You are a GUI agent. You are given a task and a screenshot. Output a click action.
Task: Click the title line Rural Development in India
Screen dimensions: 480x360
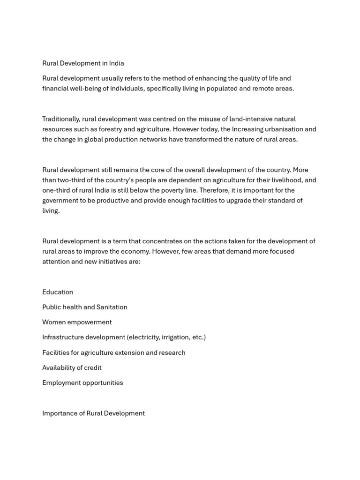tap(83, 63)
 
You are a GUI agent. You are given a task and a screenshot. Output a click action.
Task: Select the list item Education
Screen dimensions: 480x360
tap(58, 292)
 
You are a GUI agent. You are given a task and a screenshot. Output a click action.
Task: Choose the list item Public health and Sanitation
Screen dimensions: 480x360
tap(85, 307)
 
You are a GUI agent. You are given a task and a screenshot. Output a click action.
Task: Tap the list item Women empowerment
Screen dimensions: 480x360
tap(77, 322)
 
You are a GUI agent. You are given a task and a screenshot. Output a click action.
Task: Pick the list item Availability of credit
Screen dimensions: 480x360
tap(72, 367)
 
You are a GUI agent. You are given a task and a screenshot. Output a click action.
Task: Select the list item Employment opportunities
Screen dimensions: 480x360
tap(82, 382)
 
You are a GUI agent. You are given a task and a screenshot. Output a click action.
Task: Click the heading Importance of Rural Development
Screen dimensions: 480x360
tap(93, 413)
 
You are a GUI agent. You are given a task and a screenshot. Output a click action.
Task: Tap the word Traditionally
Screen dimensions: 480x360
tap(61, 119)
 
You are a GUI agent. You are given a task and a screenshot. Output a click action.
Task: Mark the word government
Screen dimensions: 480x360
tap(61, 201)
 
